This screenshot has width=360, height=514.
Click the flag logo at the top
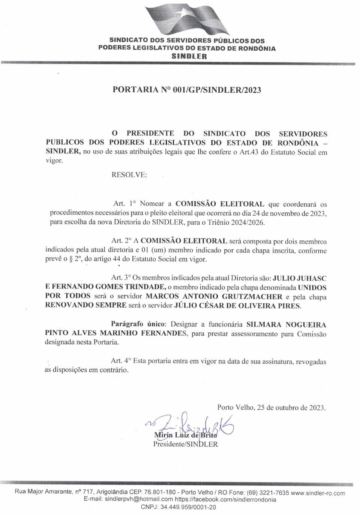click(x=187, y=19)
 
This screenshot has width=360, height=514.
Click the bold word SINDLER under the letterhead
click(x=189, y=56)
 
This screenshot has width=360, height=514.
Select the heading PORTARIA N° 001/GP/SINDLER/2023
click(x=187, y=90)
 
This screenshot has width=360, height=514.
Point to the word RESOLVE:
click(x=129, y=175)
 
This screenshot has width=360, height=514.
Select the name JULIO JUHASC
click(x=299, y=278)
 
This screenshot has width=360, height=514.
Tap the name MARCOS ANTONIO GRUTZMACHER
click(x=214, y=296)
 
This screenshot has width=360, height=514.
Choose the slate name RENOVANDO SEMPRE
click(x=85, y=305)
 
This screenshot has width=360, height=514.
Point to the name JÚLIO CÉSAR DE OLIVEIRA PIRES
click(x=237, y=305)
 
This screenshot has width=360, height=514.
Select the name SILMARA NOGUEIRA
click(x=286, y=325)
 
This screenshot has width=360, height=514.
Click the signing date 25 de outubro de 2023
click(x=291, y=407)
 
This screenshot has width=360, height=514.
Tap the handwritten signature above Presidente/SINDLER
click(x=191, y=426)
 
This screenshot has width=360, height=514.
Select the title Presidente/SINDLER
click(x=185, y=444)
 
